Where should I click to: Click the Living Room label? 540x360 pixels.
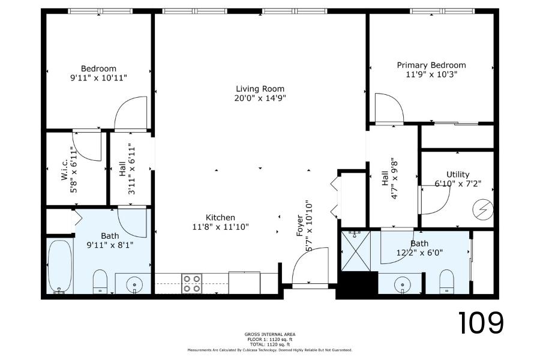click(260, 89)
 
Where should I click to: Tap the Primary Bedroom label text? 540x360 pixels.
click(431, 65)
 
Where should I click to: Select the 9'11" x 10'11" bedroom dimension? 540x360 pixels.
click(98, 78)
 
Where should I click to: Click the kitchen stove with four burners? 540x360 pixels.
click(191, 284)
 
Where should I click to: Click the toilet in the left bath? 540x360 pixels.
click(100, 281)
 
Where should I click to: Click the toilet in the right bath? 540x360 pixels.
click(447, 282)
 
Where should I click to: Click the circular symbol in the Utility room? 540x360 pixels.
click(483, 209)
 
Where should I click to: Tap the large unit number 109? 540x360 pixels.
click(481, 323)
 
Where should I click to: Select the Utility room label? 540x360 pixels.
click(458, 175)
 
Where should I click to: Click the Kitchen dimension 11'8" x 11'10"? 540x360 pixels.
click(220, 227)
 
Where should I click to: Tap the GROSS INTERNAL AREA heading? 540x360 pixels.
click(269, 334)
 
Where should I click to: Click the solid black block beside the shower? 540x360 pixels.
click(357, 285)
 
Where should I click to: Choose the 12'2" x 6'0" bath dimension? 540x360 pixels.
click(419, 253)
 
